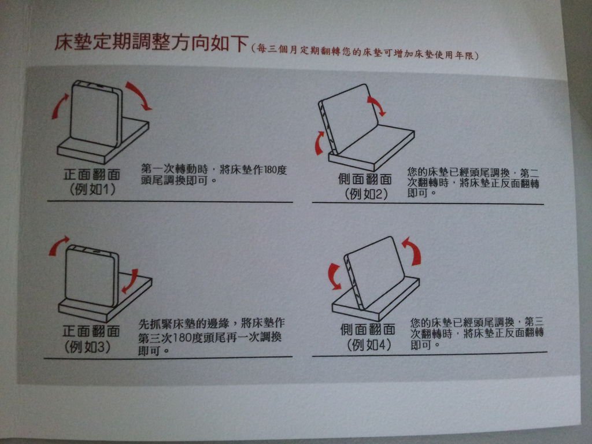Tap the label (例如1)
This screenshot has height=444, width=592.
pos(92,189)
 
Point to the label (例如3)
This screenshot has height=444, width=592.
pos(88,347)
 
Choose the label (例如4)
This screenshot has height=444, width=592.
pos(369,345)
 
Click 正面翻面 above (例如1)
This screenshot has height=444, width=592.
pos(92,174)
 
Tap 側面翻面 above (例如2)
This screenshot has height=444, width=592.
pos(365,179)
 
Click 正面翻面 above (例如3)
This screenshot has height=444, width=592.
pos(91,331)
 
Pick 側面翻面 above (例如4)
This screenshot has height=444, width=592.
pos(368,329)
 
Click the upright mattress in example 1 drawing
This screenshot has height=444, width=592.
pos(97,113)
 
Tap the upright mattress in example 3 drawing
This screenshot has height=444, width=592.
pos(92,276)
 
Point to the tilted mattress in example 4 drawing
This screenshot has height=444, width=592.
pos(374,272)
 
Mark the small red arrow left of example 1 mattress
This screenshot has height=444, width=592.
pos(60,106)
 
